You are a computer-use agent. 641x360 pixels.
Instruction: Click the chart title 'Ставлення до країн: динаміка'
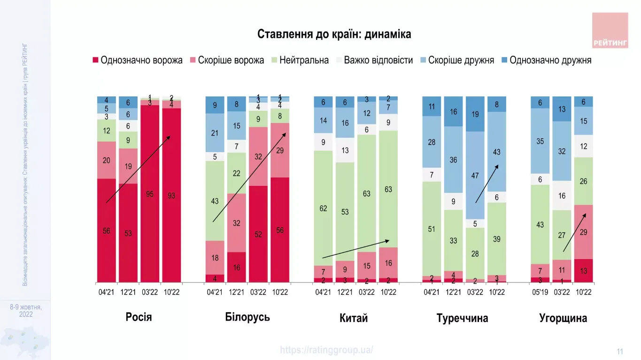tap(334, 34)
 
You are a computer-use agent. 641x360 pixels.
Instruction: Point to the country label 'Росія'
tap(139, 317)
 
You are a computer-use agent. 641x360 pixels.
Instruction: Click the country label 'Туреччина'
tap(462, 318)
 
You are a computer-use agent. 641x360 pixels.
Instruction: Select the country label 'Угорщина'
tap(563, 318)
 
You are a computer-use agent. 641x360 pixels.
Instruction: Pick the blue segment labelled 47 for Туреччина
tap(475, 175)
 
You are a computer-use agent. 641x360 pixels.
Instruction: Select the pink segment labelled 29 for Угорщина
tap(583, 232)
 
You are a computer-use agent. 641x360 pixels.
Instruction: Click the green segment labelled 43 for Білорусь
tap(215, 201)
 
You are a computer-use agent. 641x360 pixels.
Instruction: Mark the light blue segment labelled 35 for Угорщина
tap(540, 141)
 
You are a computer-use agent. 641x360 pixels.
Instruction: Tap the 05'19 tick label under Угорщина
tap(540, 292)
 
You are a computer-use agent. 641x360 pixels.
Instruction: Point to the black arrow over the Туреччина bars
tap(487, 184)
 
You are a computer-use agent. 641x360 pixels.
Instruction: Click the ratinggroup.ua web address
tap(327, 350)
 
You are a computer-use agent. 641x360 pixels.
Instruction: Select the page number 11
tap(620, 352)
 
